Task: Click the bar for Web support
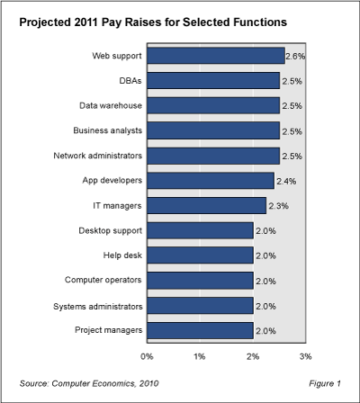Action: coord(215,56)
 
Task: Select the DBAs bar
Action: coord(212,81)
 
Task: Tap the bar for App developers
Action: coord(210,181)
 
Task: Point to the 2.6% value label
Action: coord(294,56)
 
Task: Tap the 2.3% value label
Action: coord(277,206)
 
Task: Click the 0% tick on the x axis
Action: coord(147,356)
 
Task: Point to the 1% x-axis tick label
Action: coord(200,356)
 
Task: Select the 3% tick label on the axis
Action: coord(305,356)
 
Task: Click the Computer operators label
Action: coord(101,281)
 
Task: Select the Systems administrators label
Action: coord(94,306)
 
